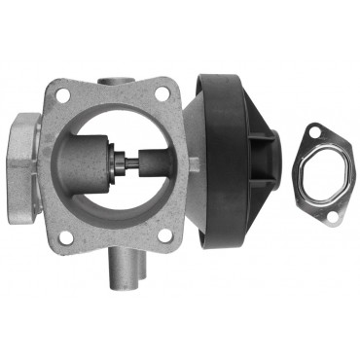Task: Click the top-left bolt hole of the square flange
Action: tap(63, 96)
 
